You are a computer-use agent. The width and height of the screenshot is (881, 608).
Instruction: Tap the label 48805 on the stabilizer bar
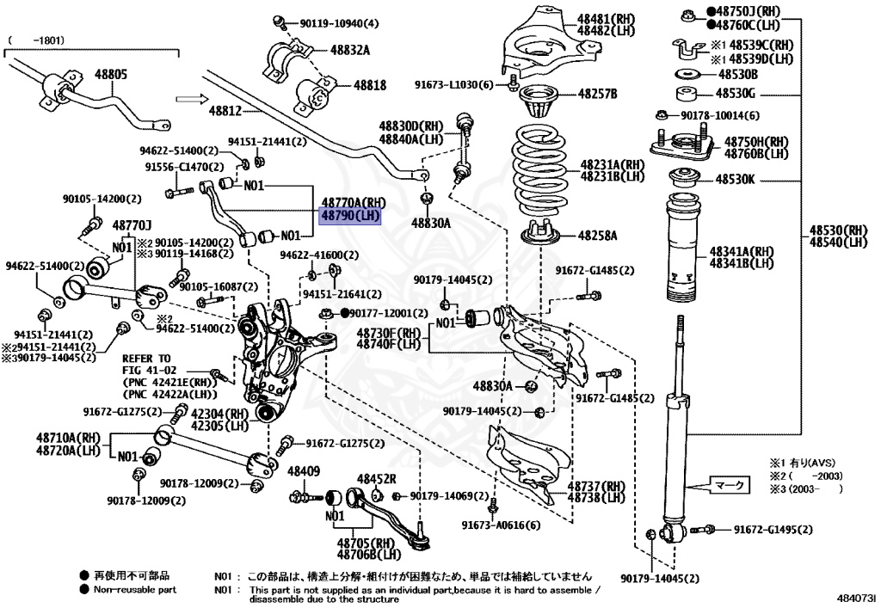111,75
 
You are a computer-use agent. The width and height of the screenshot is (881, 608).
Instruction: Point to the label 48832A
349,50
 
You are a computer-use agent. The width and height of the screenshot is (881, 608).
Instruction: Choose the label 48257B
597,93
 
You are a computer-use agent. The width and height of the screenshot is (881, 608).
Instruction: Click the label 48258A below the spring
597,234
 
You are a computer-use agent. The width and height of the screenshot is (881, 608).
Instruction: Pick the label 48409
303,471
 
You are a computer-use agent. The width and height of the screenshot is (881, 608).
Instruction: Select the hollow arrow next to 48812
188,98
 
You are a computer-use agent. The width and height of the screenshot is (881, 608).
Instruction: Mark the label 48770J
132,224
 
